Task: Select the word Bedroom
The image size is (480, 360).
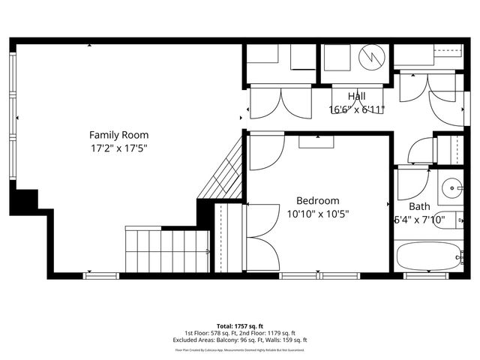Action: (317, 200)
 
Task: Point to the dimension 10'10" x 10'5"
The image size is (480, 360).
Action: (317, 214)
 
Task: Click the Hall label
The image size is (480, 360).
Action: (357, 96)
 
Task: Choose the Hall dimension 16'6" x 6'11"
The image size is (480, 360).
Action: (357, 109)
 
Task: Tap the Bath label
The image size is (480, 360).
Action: (419, 206)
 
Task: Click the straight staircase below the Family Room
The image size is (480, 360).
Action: (167, 250)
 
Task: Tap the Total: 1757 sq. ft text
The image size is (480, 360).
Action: (239, 326)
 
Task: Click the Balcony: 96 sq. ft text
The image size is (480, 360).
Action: (233, 340)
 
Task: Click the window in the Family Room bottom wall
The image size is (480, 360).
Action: (101, 275)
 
